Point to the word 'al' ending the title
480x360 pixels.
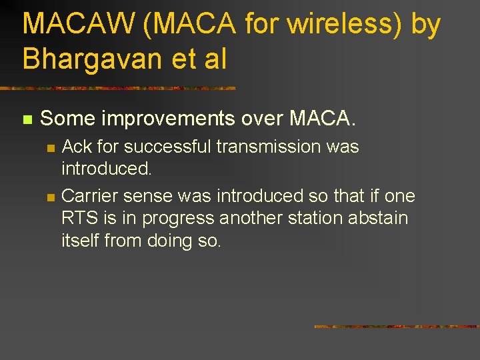(215, 59)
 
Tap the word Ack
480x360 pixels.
(77, 147)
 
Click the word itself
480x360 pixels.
(80, 241)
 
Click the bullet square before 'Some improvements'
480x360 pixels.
(27, 120)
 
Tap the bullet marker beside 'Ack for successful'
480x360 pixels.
(49, 148)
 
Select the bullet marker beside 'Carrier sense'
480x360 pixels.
(49, 197)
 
